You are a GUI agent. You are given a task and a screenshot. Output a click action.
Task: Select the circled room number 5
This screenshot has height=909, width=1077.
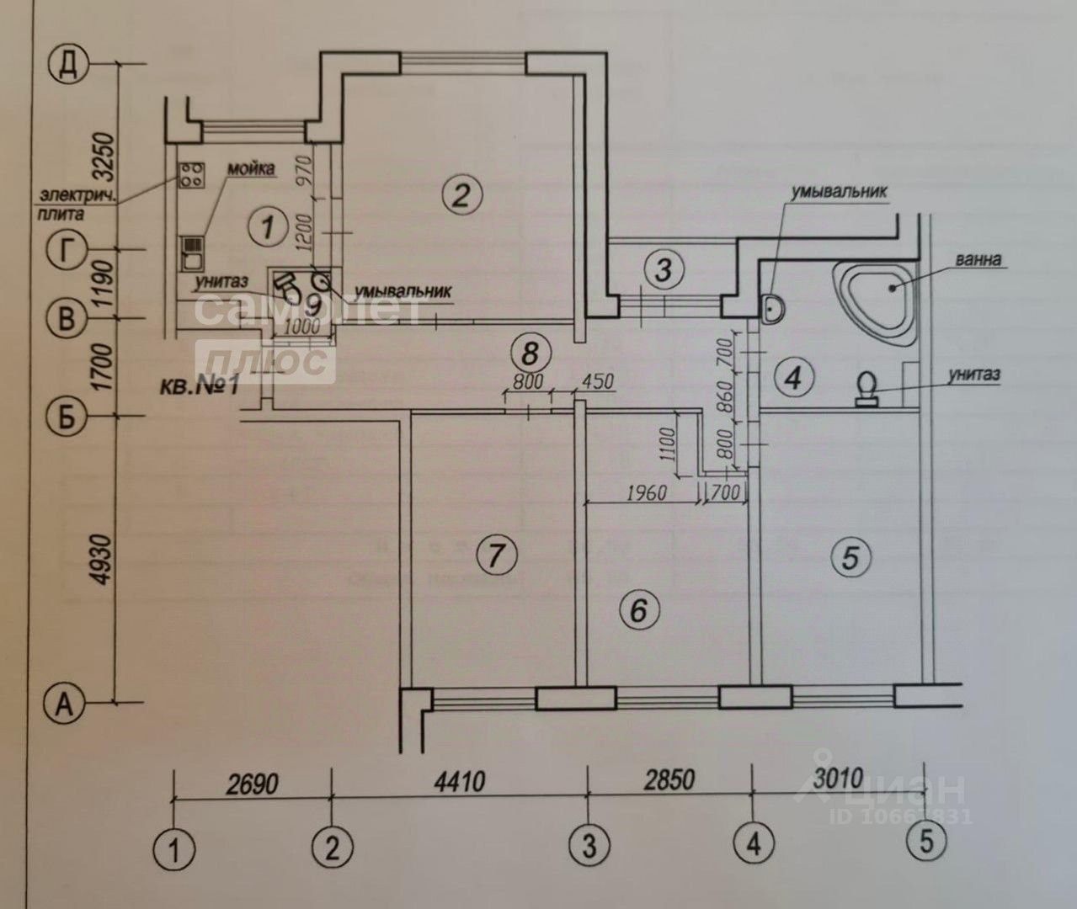(x=850, y=555)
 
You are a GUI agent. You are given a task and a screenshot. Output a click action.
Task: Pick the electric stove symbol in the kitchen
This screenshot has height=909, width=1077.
(x=191, y=174)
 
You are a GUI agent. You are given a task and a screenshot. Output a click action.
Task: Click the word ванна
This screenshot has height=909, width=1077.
(x=979, y=259)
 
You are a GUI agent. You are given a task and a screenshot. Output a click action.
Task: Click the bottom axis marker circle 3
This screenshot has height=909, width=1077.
(x=587, y=843)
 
